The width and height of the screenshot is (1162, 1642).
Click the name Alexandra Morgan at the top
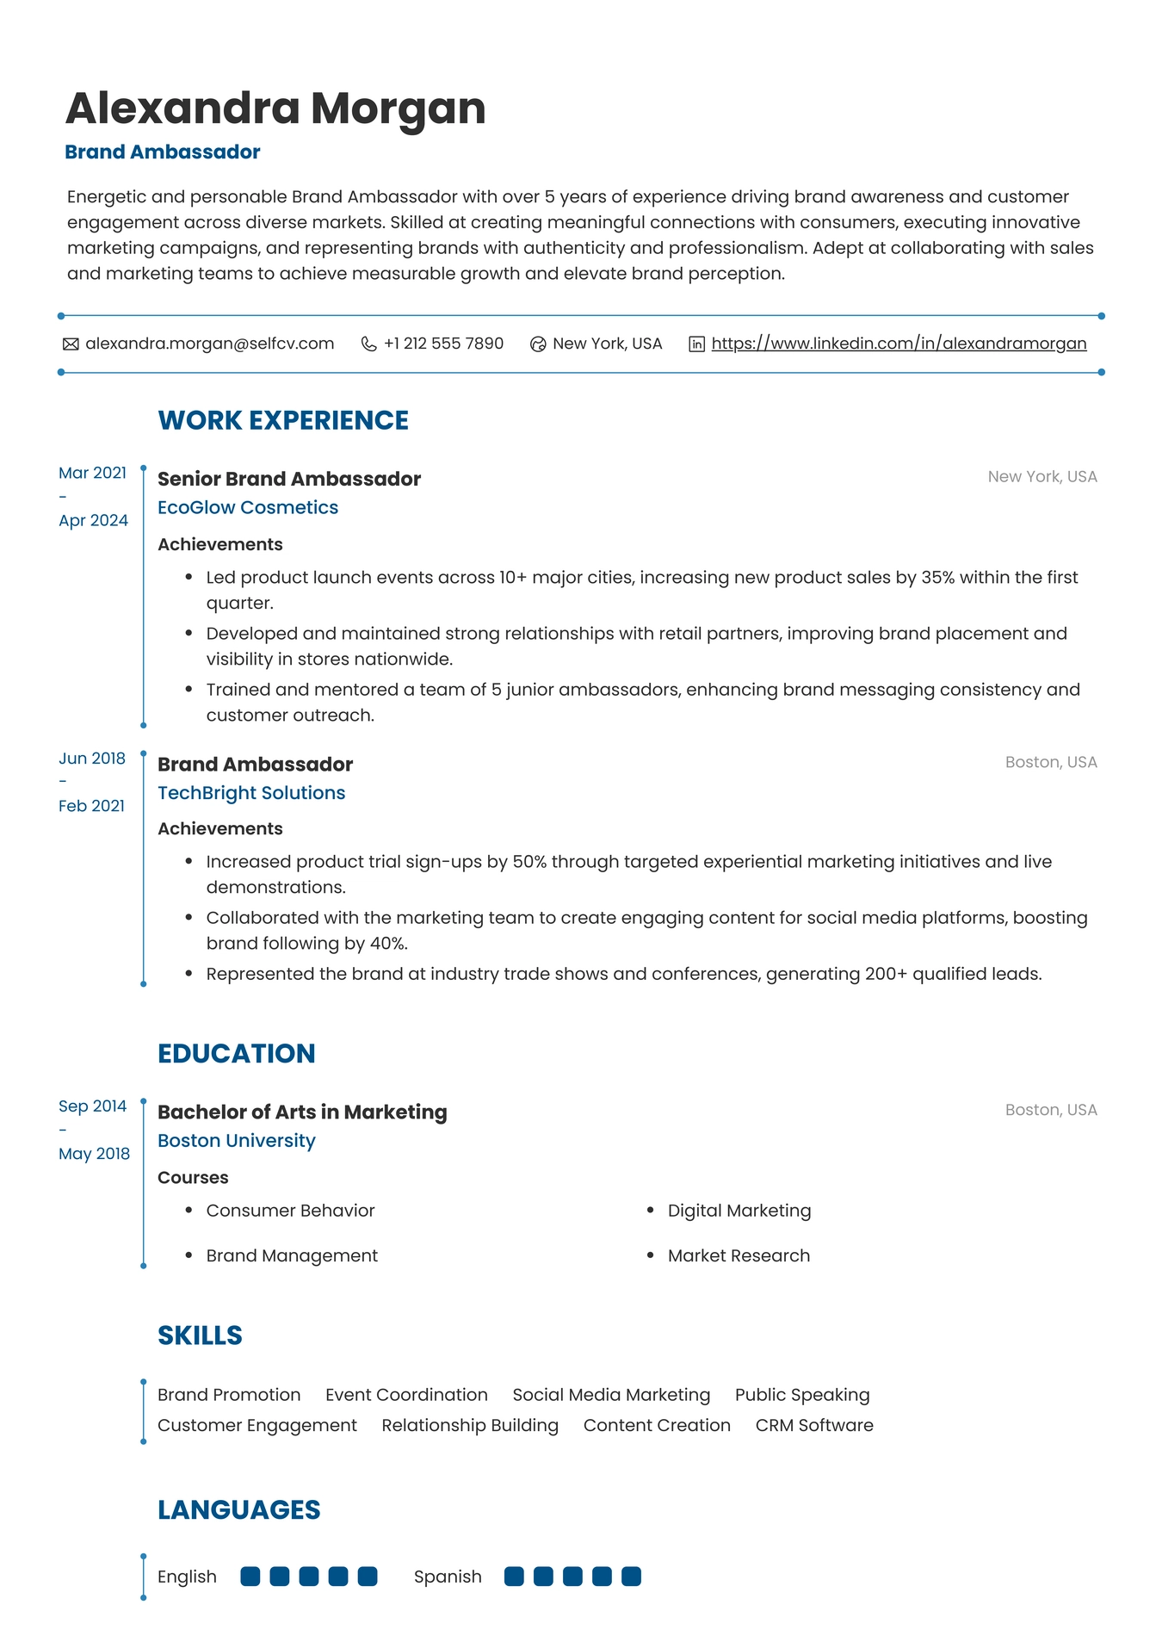275,108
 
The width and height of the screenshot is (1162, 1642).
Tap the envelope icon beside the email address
71,344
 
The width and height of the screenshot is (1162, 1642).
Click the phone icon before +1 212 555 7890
368,344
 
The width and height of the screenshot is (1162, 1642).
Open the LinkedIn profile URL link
899,344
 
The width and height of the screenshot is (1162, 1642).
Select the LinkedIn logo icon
696,344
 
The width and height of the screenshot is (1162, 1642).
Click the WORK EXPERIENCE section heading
283,420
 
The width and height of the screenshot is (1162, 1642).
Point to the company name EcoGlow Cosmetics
248,508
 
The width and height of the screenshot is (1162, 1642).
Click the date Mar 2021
92,473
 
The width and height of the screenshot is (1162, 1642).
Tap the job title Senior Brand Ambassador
289,479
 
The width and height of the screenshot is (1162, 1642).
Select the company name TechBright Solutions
251,793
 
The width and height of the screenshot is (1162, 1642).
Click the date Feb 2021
91,806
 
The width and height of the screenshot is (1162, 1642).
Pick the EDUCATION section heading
237,1054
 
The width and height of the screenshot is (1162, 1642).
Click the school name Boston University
237,1141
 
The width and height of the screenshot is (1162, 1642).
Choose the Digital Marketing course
739,1211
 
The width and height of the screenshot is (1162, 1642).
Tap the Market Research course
739,1255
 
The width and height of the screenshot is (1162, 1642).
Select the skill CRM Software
814,1425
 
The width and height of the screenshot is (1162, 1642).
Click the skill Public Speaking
802,1395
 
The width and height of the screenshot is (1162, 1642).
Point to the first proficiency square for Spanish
514,1577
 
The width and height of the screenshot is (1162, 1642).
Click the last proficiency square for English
368,1577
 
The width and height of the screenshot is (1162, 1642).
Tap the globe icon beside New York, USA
538,344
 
